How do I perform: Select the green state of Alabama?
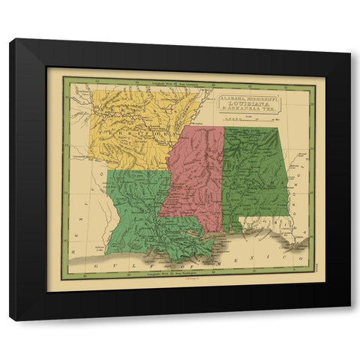coord(255,172)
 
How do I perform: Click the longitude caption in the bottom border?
coord(157,279)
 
